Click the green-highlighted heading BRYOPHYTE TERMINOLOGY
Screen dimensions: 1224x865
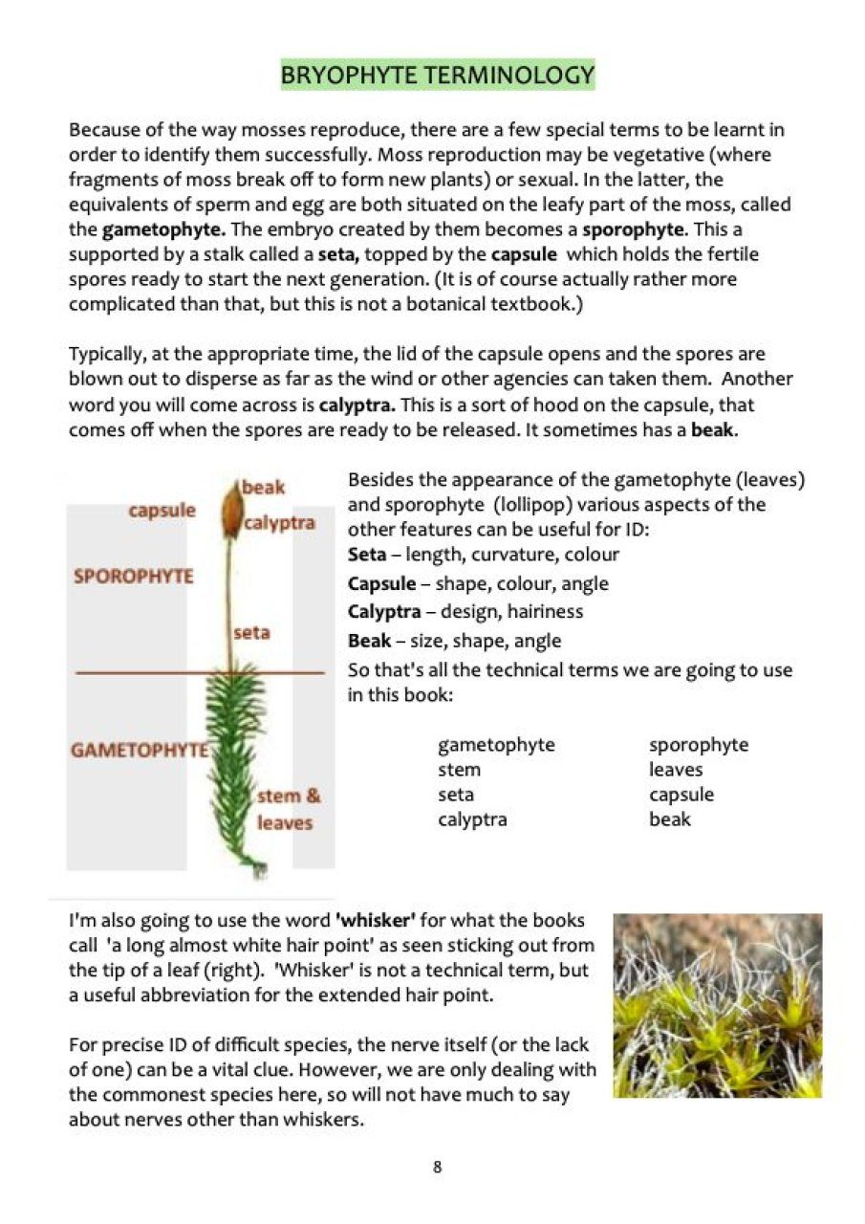(437, 75)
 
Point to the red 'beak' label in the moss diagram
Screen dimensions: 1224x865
(264, 488)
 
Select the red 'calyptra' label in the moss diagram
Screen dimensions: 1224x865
(279, 523)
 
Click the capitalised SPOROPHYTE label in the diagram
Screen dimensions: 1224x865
(133, 577)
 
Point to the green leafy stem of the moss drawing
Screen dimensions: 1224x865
(233, 765)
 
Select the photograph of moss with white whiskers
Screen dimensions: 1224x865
(717, 1005)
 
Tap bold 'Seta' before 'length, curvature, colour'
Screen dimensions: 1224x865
(367, 555)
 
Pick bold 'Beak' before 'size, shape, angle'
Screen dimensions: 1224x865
(368, 641)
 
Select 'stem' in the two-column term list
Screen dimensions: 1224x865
(460, 770)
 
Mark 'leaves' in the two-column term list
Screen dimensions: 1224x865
(676, 770)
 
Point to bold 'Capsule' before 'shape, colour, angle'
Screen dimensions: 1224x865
(381, 583)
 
